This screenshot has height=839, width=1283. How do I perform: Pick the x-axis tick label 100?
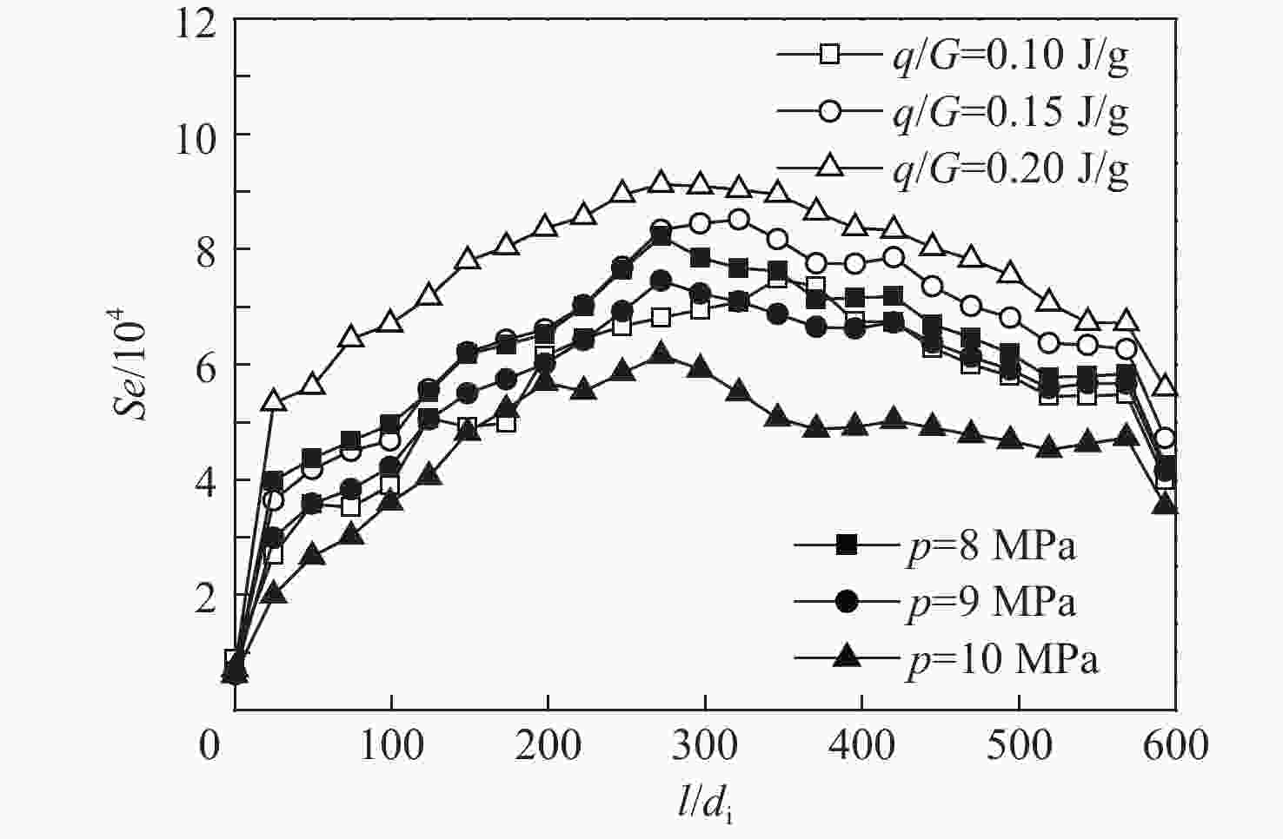pyautogui.click(x=391, y=745)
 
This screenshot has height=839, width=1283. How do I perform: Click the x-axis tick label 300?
pyautogui.click(x=704, y=745)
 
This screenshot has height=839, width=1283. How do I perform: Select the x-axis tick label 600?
pyautogui.click(x=1174, y=745)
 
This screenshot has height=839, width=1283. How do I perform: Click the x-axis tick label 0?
pyautogui.click(x=209, y=745)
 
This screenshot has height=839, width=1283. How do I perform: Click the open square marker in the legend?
pyautogui.click(x=829, y=55)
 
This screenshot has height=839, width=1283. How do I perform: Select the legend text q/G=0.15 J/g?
pyautogui.click(x=1011, y=112)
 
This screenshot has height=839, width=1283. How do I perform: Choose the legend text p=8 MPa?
pyautogui.click(x=991, y=546)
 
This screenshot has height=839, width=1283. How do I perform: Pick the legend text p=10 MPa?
pyautogui.click(x=1001, y=658)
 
